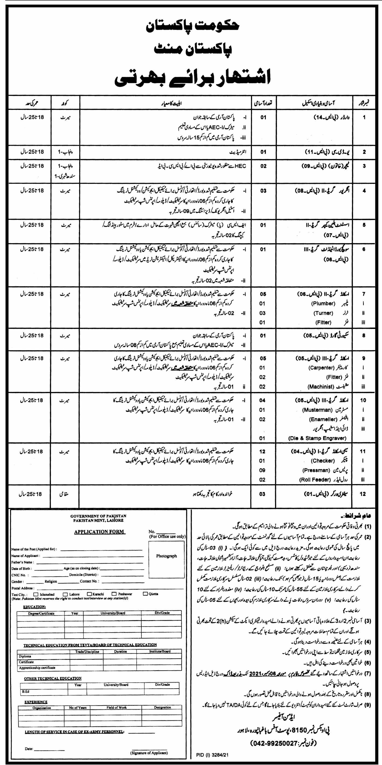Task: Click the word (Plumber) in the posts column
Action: pyautogui.click(x=323, y=303)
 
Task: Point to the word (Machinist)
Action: pyautogui.click(x=321, y=387)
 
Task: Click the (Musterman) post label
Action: pyautogui.click(x=317, y=410)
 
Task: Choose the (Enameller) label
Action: pyautogui.click(x=323, y=419)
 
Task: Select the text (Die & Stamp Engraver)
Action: pyautogui.click(x=317, y=438)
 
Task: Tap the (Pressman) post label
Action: pyautogui.click(x=316, y=470)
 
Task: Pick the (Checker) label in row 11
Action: pyautogui.click(x=323, y=461)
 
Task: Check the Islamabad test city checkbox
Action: pyautogui.click(x=36, y=594)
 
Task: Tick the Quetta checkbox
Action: pyautogui.click(x=145, y=594)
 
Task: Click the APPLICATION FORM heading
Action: pyautogui.click(x=99, y=532)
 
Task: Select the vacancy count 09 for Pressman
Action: pyautogui.click(x=262, y=470)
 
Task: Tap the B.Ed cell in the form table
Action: pyautogui.click(x=26, y=691)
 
